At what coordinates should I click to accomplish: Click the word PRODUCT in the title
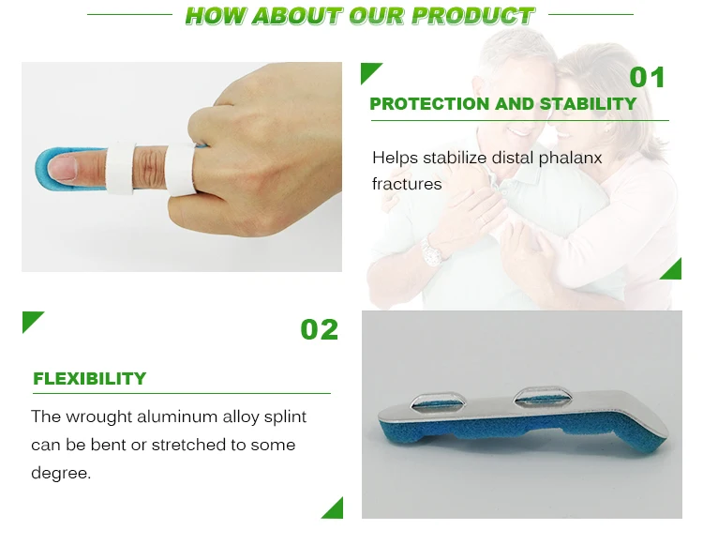[473, 16]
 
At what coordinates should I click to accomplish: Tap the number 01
[647, 77]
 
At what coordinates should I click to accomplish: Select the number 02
[319, 329]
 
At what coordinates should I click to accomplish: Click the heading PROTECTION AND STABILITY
[502, 104]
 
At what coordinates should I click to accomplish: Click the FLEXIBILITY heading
[90, 379]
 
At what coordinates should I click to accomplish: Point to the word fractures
[407, 184]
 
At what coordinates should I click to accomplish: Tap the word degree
[61, 473]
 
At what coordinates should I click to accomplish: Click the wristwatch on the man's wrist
[431, 251]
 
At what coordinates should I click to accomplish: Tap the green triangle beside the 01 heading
[370, 72]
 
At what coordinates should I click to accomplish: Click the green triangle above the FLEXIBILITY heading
[33, 322]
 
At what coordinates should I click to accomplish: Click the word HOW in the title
[214, 16]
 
